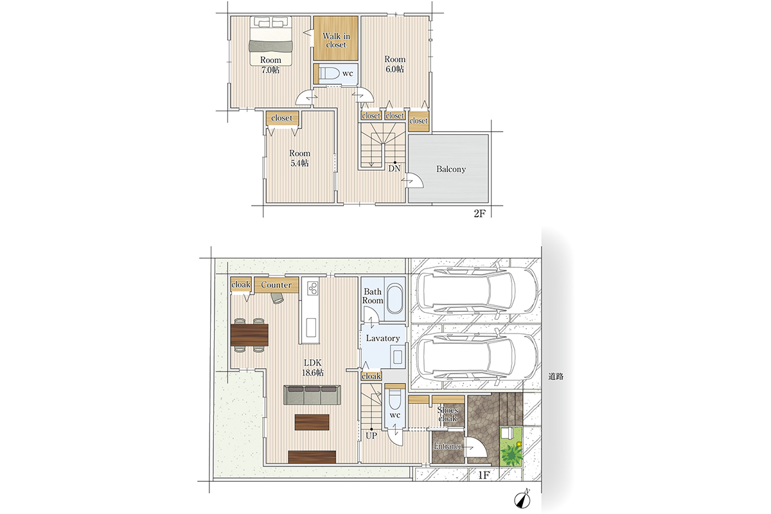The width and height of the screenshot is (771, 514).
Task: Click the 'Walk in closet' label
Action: coord(336,40)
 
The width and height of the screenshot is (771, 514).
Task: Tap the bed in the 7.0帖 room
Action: coord(271,40)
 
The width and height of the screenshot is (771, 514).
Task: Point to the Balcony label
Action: coord(451,169)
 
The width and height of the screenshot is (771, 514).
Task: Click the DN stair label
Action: coord(394,168)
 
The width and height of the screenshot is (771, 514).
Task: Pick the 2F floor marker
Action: coord(479,214)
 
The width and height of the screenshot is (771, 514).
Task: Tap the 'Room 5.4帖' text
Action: coord(299,158)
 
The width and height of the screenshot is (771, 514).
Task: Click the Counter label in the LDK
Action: coord(276,285)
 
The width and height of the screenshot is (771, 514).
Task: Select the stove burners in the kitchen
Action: coord(313,288)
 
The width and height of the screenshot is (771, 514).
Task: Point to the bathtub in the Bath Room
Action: coord(394,298)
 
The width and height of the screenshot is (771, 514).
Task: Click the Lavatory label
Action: coord(383,338)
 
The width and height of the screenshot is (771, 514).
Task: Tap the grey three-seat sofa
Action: coord(312,394)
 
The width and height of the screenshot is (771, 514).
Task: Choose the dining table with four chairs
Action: coord(249,335)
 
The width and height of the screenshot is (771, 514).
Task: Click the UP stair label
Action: coord(371,436)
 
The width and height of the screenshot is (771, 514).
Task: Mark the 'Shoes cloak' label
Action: coord(448,414)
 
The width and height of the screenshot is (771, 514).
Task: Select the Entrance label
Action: coord(447,446)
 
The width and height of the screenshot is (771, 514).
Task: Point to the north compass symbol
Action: coord(522,499)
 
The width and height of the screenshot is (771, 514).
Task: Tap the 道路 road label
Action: coord(556,377)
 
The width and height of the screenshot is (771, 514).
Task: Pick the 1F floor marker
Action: coord(484,475)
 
